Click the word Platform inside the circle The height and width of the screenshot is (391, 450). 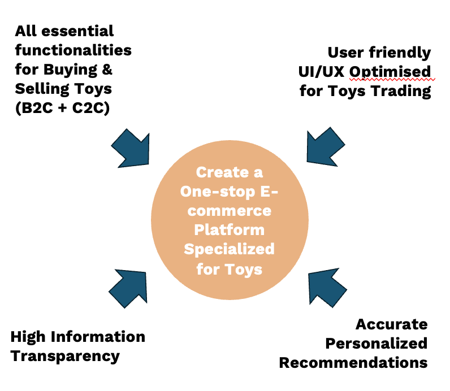(x=230, y=230)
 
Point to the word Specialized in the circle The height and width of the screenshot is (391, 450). (x=230, y=249)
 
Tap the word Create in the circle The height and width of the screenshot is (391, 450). (x=222, y=172)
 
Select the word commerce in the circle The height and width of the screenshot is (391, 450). (x=230, y=211)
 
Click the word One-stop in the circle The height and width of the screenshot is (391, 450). (x=218, y=192)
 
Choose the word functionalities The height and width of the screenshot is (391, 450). (x=73, y=50)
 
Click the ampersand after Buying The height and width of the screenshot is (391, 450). (x=107, y=69)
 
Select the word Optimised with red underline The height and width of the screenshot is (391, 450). (x=390, y=72)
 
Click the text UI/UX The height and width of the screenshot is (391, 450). (x=321, y=72)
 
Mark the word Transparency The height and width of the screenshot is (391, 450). (x=65, y=357)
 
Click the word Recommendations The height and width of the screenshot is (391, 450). (x=353, y=363)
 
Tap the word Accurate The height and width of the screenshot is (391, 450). (x=391, y=324)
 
